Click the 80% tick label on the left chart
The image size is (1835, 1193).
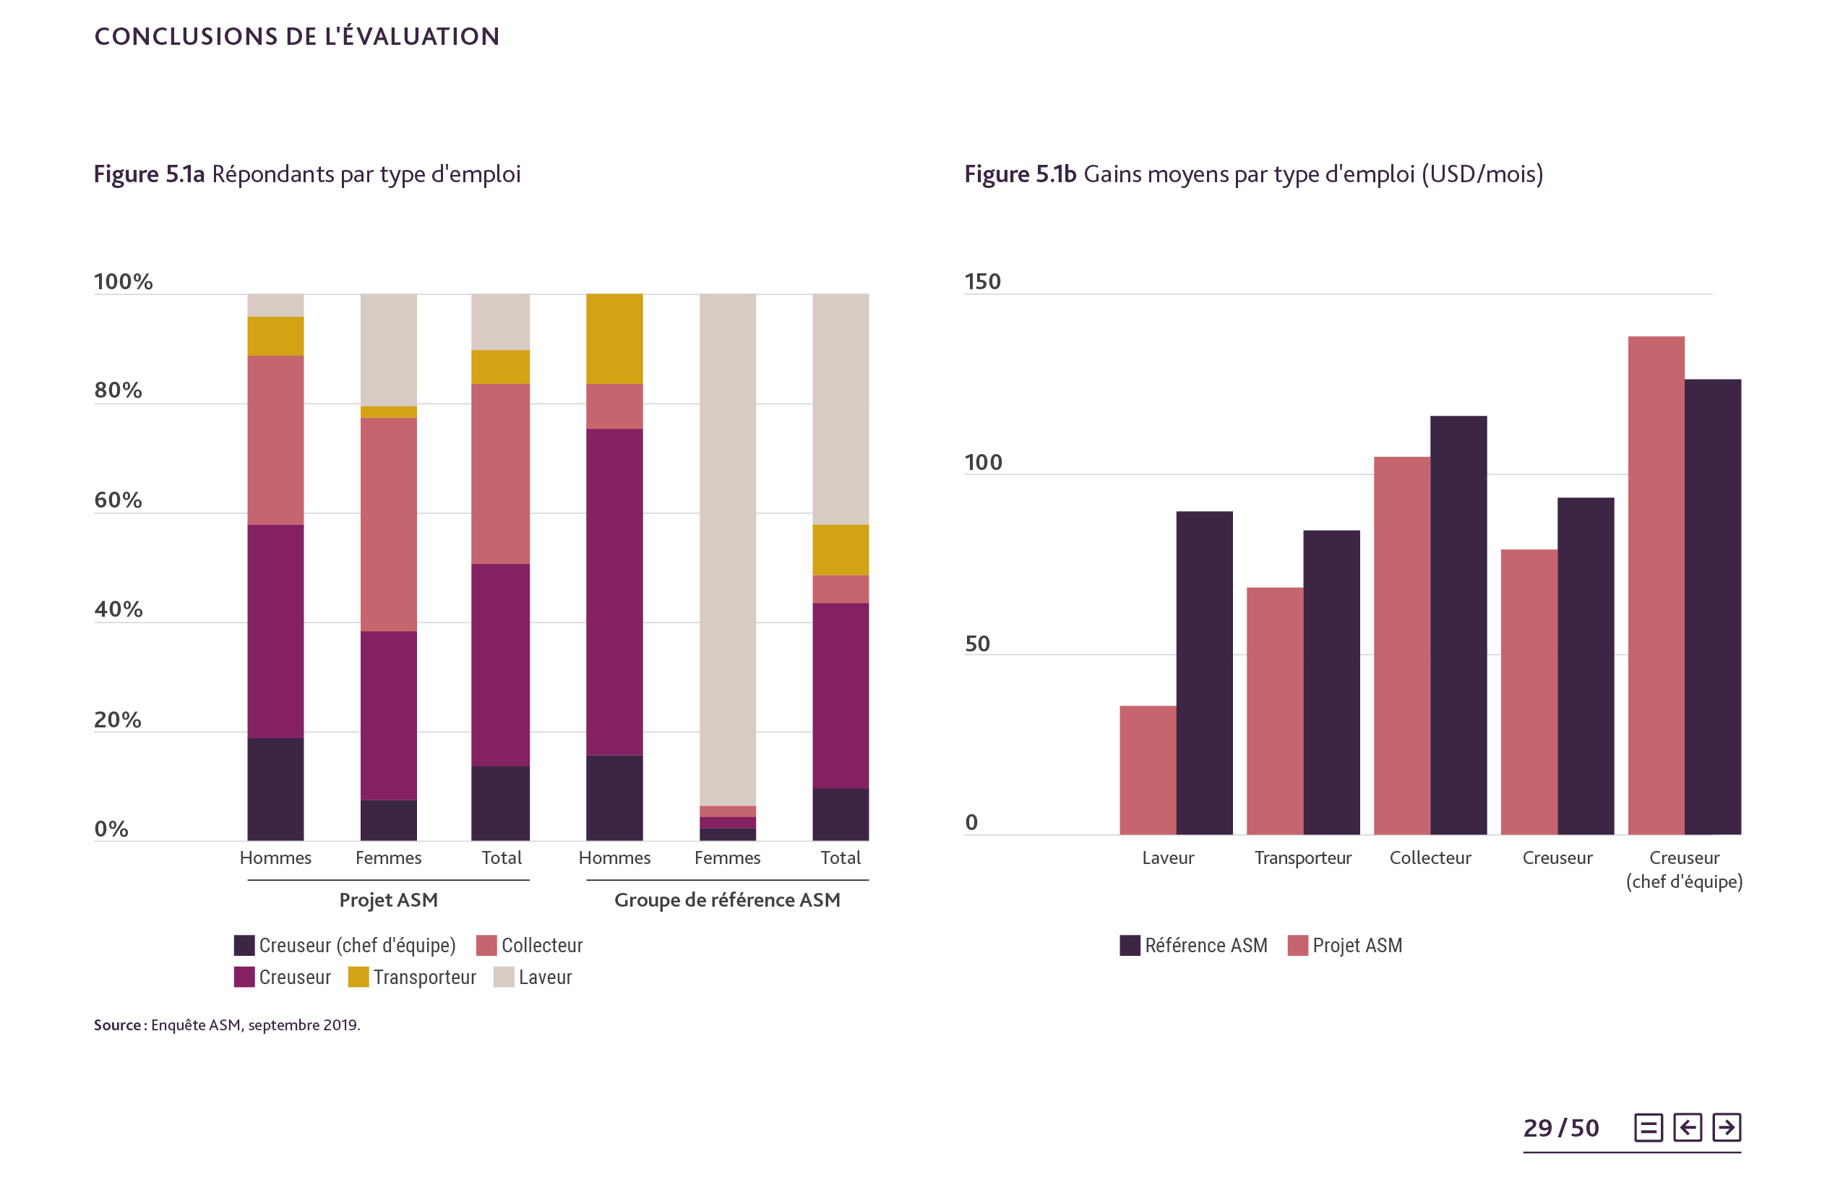(x=118, y=390)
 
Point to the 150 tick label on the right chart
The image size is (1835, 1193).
(x=982, y=281)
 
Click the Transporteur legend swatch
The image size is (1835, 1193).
(x=358, y=977)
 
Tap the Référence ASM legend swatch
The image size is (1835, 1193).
(x=1130, y=946)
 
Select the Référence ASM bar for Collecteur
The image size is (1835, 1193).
(x=1458, y=625)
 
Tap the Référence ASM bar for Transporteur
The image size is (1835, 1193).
(x=1331, y=682)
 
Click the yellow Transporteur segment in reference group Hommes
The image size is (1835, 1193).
(x=614, y=338)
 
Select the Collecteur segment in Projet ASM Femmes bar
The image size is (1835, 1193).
(x=389, y=524)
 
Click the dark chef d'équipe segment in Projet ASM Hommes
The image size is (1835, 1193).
(x=275, y=789)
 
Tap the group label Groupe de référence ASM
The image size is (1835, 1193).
(x=727, y=900)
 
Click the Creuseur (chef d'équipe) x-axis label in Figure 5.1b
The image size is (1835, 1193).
(x=1684, y=869)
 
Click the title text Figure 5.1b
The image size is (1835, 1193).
(x=1020, y=174)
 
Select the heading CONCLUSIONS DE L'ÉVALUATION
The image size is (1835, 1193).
(x=297, y=36)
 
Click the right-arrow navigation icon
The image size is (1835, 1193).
(x=1727, y=1127)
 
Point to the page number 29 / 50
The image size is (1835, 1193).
(x=1560, y=1128)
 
